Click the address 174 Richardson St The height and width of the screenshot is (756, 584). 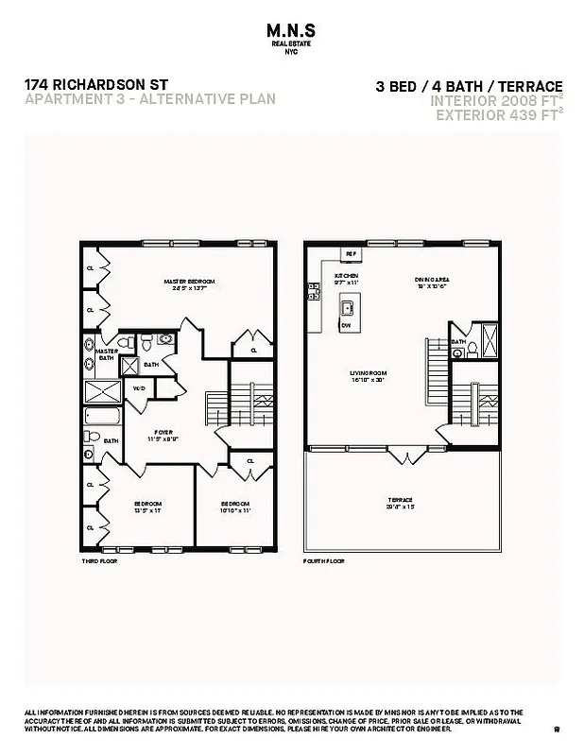95,84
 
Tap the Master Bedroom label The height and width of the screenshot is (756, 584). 189,283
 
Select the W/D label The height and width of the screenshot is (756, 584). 138,388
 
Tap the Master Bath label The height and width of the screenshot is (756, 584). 106,353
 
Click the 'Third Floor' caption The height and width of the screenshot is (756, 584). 97,560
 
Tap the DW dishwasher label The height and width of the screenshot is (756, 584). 346,324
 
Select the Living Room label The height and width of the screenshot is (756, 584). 369,375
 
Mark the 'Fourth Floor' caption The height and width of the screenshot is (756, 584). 323,560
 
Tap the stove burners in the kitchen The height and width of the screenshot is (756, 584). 313,292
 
